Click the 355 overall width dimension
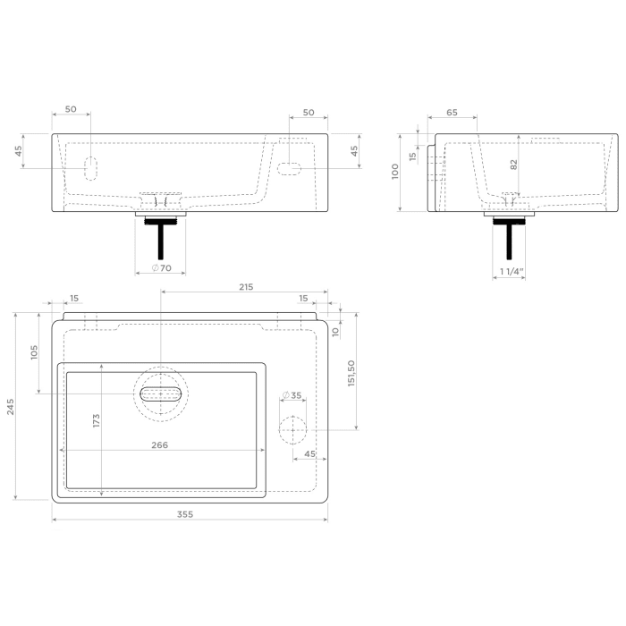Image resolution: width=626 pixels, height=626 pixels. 184,514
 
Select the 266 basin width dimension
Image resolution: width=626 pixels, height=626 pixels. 160,444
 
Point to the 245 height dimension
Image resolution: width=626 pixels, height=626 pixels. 10,408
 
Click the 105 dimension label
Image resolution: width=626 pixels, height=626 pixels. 34,352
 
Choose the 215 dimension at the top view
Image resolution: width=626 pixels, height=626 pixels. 246,287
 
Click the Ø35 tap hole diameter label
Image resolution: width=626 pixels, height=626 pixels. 292,395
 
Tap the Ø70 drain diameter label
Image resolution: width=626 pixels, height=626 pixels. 161,268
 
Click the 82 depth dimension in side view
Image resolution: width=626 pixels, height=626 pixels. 513,165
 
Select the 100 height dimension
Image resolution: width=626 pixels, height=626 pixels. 395,172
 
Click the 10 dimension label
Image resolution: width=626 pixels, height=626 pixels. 334,331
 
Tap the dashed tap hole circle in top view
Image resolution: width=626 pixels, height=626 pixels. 292,430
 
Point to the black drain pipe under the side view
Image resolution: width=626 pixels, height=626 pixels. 511,235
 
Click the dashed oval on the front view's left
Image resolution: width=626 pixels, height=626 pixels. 89,167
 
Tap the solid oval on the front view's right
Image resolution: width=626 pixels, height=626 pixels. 290,167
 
